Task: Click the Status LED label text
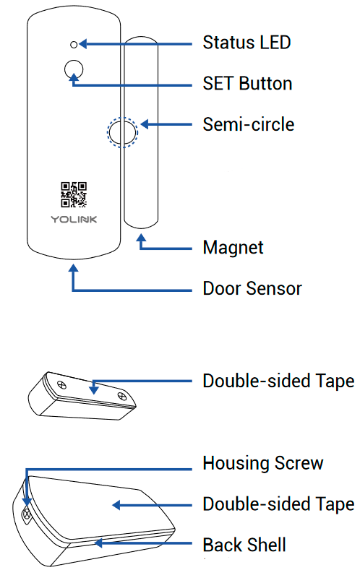point(247,43)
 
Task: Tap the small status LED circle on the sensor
point(74,43)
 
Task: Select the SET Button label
point(247,83)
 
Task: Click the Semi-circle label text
point(248,124)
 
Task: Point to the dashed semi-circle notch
point(121,132)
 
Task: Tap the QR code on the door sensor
point(73,194)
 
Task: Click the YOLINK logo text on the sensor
point(73,218)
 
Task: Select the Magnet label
point(233,248)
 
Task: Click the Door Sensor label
point(252,288)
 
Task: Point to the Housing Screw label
point(262,462)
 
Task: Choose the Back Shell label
point(244,544)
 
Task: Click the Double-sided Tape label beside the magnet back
point(278,381)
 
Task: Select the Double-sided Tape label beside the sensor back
point(278,504)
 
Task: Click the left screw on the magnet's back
point(61,384)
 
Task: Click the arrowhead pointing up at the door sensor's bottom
point(73,267)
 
